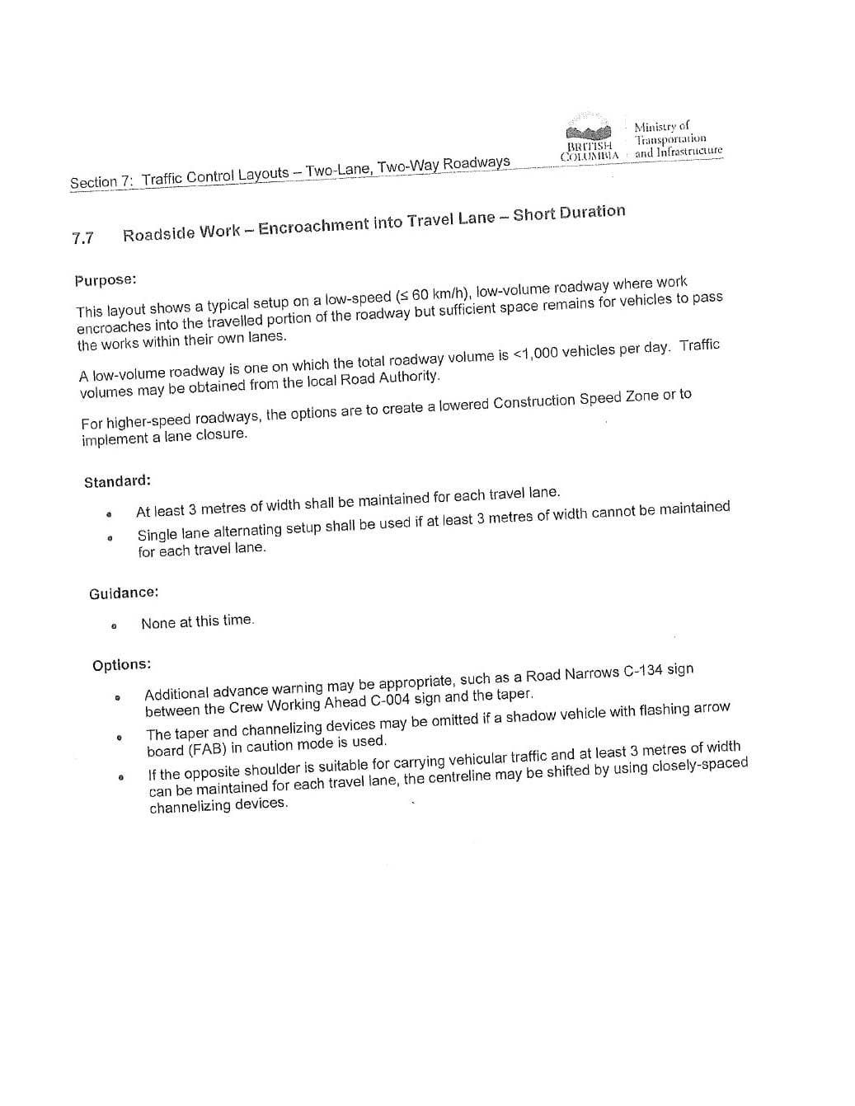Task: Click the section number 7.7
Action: [82, 238]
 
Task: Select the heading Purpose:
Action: [105, 280]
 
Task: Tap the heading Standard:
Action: [117, 481]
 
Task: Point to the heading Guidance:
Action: [124, 593]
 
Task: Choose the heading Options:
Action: [121, 665]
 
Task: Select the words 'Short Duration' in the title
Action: [569, 213]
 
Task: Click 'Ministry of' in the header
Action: [661, 126]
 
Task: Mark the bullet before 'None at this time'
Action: [114, 626]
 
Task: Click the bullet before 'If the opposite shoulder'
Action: [121, 776]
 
